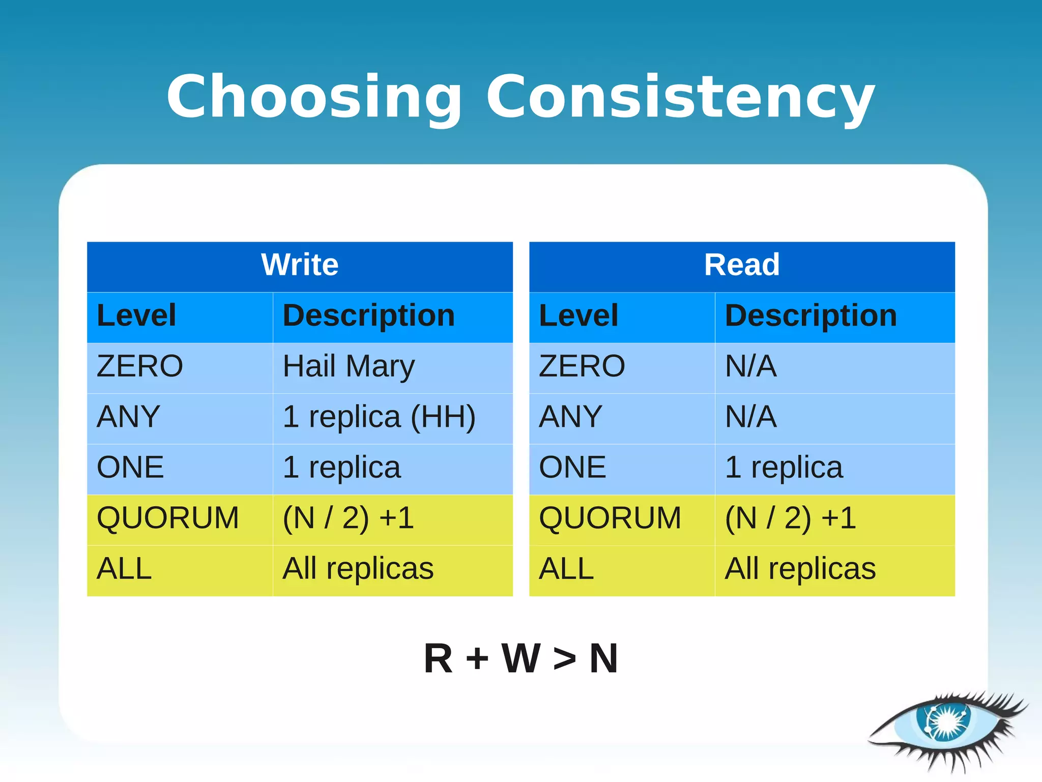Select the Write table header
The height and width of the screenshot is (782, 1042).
point(300,265)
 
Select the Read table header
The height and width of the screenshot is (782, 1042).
point(741,265)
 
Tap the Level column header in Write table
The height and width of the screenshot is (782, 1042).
point(136,315)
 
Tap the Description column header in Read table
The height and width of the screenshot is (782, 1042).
point(811,315)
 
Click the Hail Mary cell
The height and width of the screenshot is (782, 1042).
point(349,366)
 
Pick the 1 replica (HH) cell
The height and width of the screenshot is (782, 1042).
point(379,417)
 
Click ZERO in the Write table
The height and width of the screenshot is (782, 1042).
point(139,366)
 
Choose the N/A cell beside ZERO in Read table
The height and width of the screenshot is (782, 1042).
point(750,366)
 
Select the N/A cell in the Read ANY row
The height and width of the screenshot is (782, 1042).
point(750,417)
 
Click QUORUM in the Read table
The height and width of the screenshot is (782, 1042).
point(610,518)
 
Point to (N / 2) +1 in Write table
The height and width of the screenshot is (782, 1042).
point(349,518)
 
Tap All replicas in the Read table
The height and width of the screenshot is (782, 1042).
point(800,568)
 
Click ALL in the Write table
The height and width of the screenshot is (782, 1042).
point(124,568)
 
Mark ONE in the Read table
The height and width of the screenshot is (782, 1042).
point(572,467)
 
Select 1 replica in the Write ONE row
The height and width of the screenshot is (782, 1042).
point(341,467)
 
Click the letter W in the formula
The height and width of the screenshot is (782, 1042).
point(520,658)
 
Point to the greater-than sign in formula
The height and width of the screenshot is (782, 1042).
point(565,659)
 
